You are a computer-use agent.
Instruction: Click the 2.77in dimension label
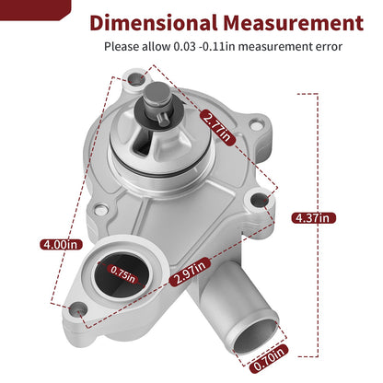217,128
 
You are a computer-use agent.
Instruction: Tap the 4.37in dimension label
313,218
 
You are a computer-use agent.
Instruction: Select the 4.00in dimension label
62,244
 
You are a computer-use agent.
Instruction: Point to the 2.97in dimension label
190,272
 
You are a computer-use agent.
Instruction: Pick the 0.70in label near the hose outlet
269,358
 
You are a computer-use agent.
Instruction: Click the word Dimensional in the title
154,23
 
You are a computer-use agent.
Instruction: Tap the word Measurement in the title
293,23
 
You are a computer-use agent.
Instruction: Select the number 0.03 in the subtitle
184,47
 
